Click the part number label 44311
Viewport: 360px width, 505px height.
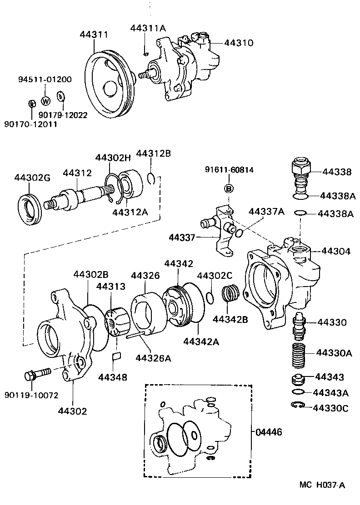(94, 34)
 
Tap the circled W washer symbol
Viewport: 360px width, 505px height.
(45, 101)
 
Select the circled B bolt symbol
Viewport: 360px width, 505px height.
(229, 188)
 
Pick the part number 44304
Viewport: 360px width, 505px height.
(336, 251)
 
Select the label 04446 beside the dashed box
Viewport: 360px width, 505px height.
(269, 432)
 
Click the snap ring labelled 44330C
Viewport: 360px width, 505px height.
(296, 406)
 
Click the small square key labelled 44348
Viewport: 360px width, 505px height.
(116, 356)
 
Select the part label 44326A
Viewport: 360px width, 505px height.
(153, 358)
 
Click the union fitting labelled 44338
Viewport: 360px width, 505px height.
(300, 170)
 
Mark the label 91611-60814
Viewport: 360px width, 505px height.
(229, 170)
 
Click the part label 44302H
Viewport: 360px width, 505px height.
(113, 158)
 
